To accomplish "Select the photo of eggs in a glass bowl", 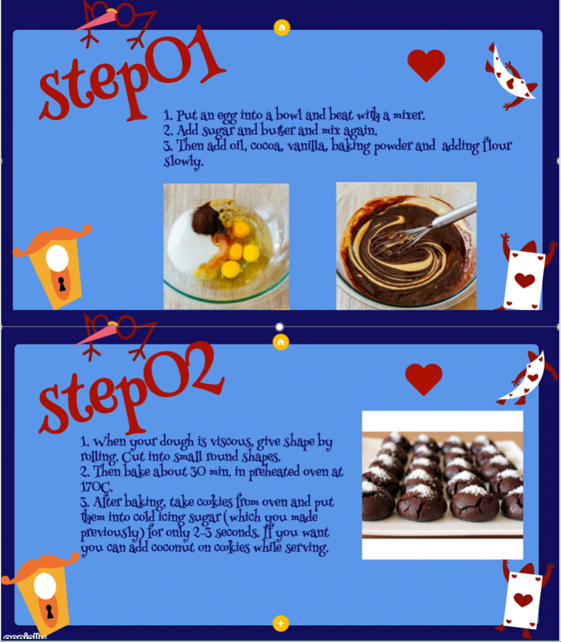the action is (226, 246).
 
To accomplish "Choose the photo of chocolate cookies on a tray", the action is (442, 485).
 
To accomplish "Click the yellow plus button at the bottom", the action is (280, 623).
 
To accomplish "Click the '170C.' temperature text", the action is (96, 487).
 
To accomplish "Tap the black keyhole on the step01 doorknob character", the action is (62, 284).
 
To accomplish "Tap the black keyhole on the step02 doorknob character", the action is (50, 611).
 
